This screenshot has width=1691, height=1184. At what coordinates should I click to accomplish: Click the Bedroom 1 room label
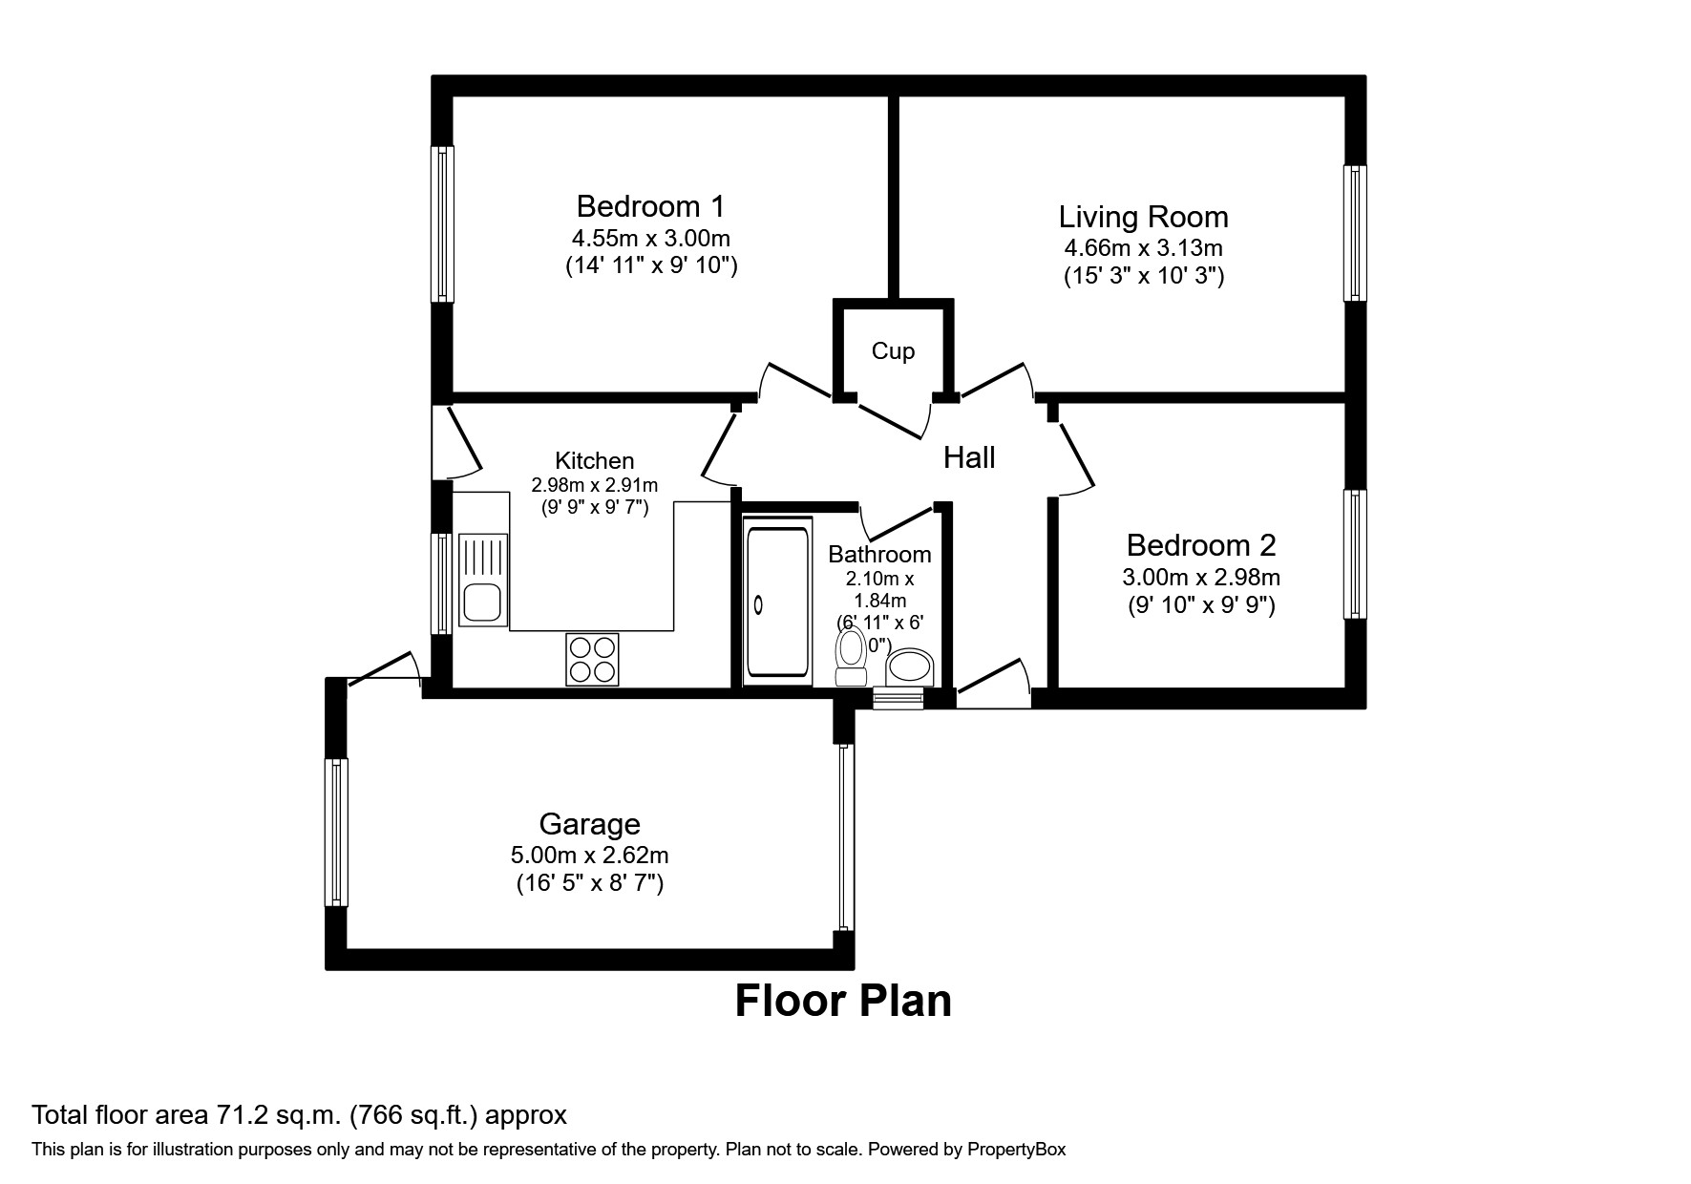[x=650, y=206]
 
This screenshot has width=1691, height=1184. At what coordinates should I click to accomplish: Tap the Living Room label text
[x=1143, y=217]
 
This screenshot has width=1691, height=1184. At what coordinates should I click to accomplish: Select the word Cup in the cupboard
[x=893, y=351]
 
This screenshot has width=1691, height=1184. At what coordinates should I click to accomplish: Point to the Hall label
[x=969, y=458]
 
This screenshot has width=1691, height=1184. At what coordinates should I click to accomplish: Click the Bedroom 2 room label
[x=1200, y=545]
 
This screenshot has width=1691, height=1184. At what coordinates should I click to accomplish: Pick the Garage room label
[x=589, y=824]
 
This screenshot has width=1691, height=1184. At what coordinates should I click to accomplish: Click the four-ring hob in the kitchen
[x=592, y=659]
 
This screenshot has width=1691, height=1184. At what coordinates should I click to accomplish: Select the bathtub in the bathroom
[x=776, y=601]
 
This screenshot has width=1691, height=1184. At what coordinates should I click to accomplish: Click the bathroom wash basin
[x=910, y=667]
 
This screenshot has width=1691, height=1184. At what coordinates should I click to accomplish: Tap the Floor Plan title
[x=843, y=1001]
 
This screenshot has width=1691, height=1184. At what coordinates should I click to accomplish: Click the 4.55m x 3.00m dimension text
[x=651, y=238]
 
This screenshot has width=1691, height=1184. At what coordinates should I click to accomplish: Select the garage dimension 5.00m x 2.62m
[x=589, y=856]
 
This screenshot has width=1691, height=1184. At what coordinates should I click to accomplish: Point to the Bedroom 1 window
[x=441, y=223]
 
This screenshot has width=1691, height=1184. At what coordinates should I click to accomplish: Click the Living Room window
[x=1355, y=233]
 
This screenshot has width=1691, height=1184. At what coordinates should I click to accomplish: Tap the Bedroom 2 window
[x=1355, y=554]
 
